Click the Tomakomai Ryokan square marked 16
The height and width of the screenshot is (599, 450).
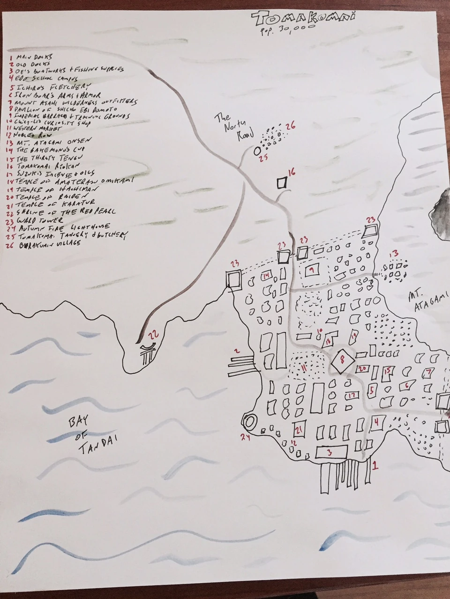pyautogui.click(x=282, y=183)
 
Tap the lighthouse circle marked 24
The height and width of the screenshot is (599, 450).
pyautogui.click(x=249, y=423)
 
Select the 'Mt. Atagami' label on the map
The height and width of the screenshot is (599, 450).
pyautogui.click(x=424, y=302)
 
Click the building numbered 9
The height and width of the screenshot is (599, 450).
pyautogui.click(x=312, y=270)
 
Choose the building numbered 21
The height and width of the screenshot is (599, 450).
pyautogui.click(x=299, y=429)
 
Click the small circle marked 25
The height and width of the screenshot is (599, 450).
pyautogui.click(x=257, y=151)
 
